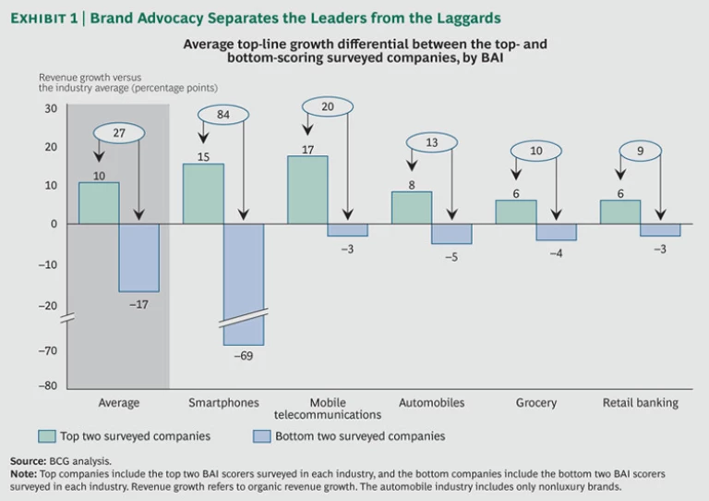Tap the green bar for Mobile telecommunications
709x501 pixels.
tap(307, 189)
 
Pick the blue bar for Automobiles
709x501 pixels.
tap(451, 233)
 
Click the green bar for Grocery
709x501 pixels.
tap(516, 212)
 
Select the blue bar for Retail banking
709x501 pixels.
tap(660, 229)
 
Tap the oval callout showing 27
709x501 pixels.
tap(118, 133)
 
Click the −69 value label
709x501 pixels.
tap(243, 356)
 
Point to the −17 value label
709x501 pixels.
tap(138, 303)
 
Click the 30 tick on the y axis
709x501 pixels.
tap(50, 108)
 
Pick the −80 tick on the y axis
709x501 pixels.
tap(48, 386)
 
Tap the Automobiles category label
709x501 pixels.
tap(431, 403)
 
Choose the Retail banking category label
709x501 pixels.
tap(640, 403)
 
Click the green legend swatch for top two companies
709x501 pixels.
tap(47, 436)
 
